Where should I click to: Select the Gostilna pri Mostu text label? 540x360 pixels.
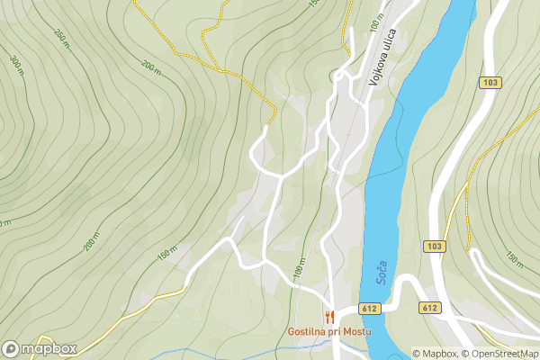pyautogui.click(x=330, y=331)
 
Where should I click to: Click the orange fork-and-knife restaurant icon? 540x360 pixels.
pyautogui.click(x=330, y=316)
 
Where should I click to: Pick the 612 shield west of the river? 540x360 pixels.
pyautogui.click(x=371, y=308)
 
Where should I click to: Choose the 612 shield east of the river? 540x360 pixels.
pyautogui.click(x=429, y=308)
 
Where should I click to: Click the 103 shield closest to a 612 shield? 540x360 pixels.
pyautogui.click(x=434, y=246)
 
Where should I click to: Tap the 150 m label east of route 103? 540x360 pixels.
pyautogui.click(x=514, y=260)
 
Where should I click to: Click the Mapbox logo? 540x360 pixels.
pyautogui.click(x=40, y=348)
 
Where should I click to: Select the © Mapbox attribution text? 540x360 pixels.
pyautogui.click(x=435, y=354)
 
